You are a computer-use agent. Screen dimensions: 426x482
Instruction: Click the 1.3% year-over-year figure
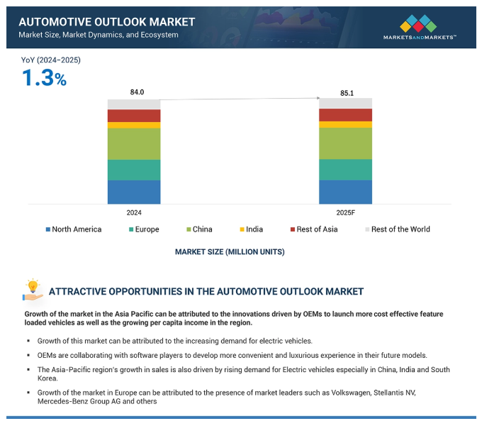(44, 78)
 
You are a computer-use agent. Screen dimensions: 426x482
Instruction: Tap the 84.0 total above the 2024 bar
(137, 92)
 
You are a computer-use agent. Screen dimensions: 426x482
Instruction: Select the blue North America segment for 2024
(134, 192)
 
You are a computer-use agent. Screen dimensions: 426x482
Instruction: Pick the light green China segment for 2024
(134, 143)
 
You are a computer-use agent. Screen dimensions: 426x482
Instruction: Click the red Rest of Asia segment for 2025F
(345, 115)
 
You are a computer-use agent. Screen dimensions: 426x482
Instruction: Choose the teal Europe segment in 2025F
(345, 170)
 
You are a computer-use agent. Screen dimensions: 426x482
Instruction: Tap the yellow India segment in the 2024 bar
(134, 125)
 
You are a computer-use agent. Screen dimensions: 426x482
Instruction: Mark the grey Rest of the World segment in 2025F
(345, 104)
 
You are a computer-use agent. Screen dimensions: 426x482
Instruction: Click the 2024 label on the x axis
(134, 212)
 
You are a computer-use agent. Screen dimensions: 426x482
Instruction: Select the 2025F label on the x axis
(346, 212)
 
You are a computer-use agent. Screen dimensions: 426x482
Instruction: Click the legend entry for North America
(74, 229)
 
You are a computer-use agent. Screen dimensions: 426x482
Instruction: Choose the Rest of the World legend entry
(397, 229)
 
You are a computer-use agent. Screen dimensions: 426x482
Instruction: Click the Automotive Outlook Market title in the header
(106, 22)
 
